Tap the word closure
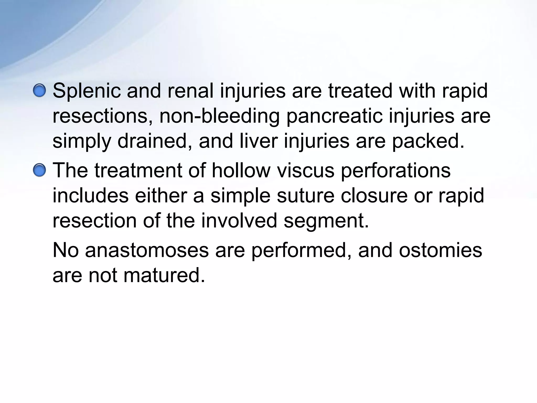[374, 196]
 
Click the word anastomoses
[147, 250]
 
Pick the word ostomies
[441, 250]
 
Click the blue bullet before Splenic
[39, 91]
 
